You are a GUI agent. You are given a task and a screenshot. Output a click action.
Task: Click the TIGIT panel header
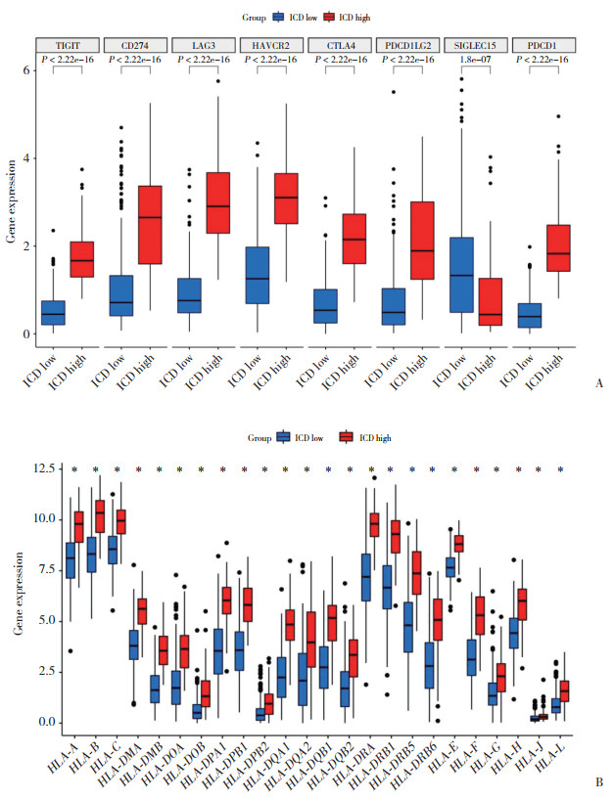[68, 45]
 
